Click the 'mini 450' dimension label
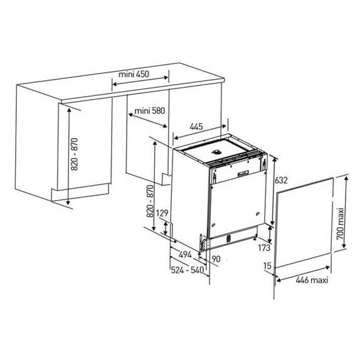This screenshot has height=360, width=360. [134, 74]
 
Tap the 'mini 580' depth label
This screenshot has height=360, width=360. [150, 111]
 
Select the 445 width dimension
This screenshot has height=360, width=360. [196, 126]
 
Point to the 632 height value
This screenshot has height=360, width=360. [281, 180]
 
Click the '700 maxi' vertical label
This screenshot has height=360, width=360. [341, 224]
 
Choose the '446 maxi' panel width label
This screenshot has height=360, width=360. [312, 280]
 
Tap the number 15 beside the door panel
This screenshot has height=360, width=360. [267, 266]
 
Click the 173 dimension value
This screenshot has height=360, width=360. [264, 248]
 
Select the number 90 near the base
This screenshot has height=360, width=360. [216, 259]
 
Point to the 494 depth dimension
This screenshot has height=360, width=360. [185, 255]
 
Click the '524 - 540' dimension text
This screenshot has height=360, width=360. [188, 270]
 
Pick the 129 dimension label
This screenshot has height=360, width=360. [162, 213]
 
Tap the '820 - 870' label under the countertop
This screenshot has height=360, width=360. [75, 154]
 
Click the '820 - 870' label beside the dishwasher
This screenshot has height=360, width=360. [150, 201]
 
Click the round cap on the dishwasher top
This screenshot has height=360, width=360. [216, 152]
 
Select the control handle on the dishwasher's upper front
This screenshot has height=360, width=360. [243, 173]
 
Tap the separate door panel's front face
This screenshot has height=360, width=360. [304, 223]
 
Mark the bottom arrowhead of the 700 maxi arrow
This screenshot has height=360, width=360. [344, 246]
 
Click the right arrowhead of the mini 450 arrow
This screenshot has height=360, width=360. [166, 78]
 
